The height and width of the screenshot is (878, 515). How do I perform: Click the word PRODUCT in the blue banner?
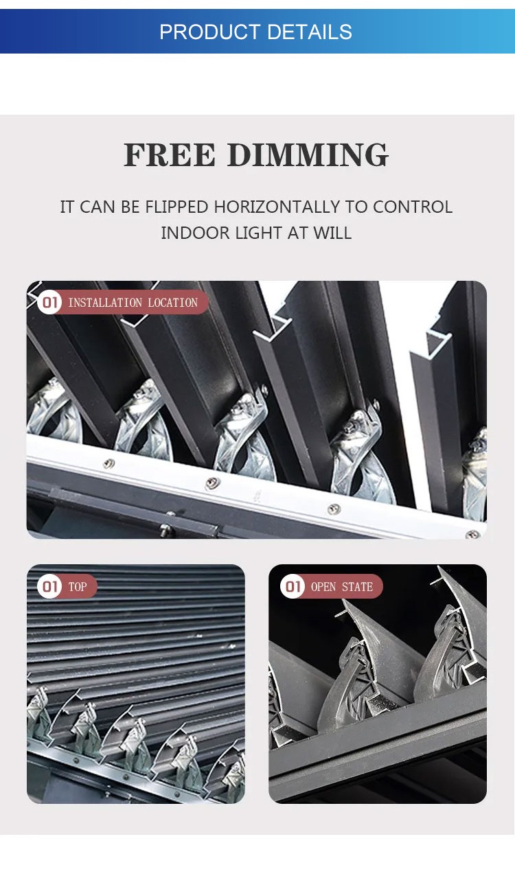209,32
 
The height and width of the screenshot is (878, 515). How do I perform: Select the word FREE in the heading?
170,155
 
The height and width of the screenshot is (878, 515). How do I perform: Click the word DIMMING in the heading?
308,155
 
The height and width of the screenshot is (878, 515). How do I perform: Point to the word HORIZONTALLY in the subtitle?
277,207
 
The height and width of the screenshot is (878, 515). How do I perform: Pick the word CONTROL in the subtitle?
413,207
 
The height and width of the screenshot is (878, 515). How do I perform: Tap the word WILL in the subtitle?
332,233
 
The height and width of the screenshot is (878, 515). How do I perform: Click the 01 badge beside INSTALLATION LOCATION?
49,302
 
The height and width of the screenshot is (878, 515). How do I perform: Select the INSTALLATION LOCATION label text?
133,303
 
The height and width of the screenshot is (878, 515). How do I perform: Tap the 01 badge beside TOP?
49,586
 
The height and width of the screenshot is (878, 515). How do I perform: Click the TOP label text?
77,587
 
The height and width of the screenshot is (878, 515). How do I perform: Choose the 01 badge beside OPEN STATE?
293,586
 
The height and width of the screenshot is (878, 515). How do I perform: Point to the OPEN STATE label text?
342,587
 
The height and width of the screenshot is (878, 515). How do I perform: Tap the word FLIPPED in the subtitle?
176,207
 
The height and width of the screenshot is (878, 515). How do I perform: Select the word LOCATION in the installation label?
173,303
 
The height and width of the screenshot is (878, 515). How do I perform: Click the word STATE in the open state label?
358,587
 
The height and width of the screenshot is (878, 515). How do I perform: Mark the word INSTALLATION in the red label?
105,303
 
